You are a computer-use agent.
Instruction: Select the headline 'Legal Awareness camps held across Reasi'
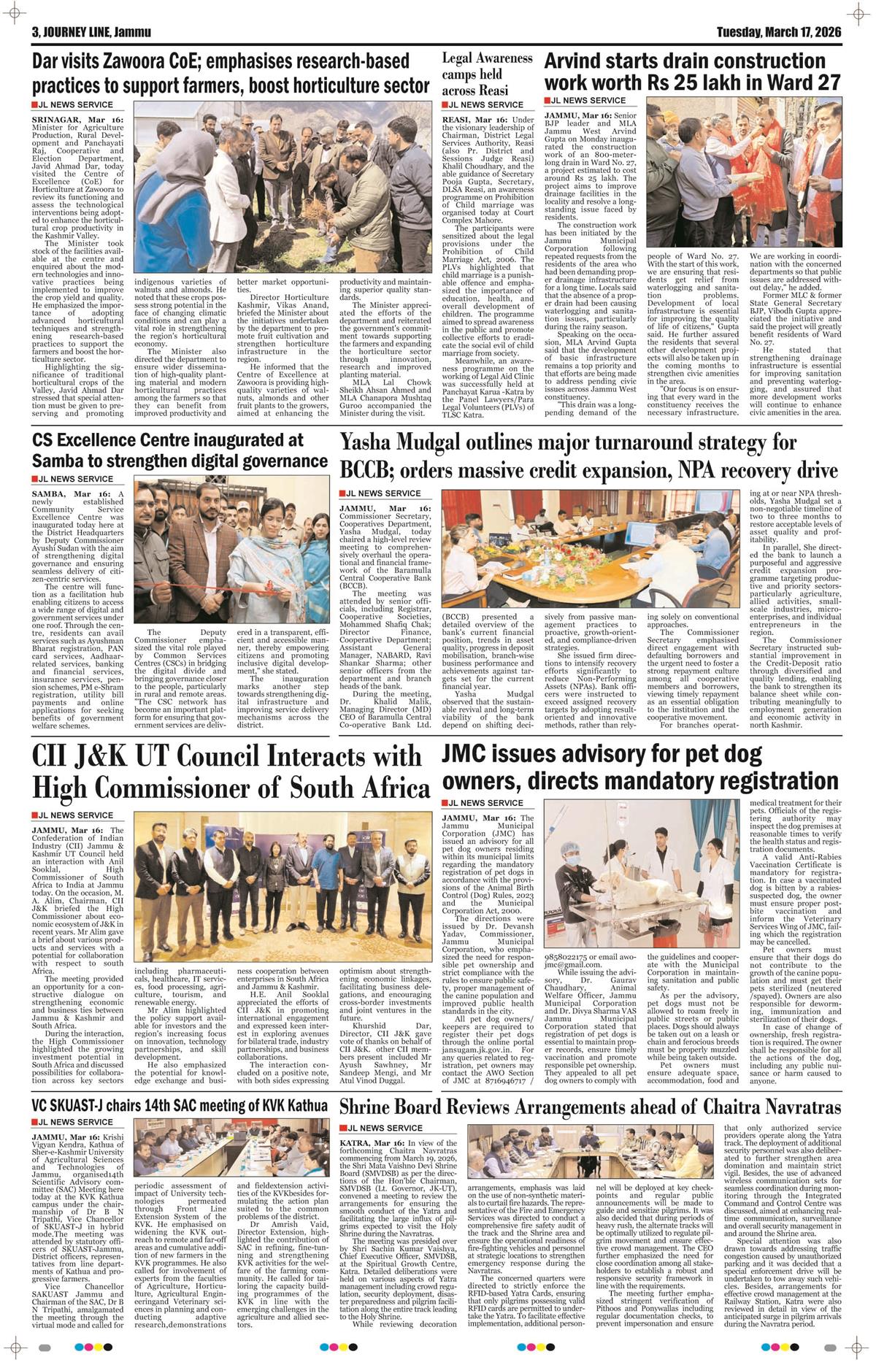click(477, 74)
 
